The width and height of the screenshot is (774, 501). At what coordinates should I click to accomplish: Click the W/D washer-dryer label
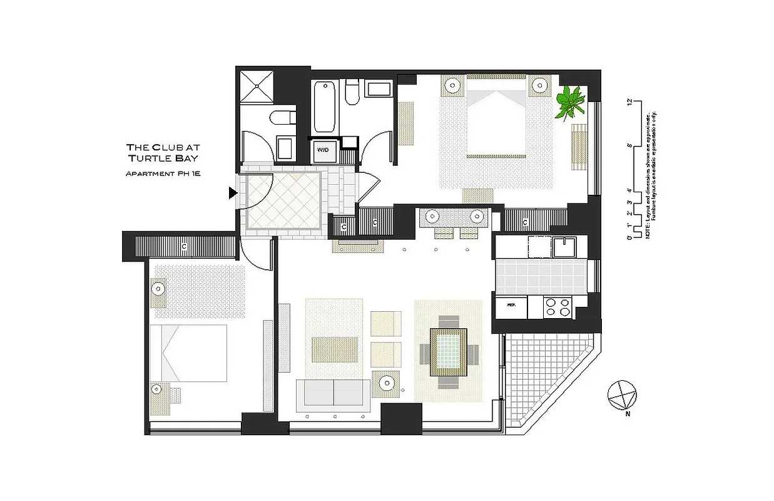pyautogui.click(x=323, y=150)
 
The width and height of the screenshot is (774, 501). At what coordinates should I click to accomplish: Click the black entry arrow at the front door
pyautogui.click(x=233, y=194)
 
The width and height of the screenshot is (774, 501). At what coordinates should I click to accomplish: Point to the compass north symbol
pyautogui.click(x=622, y=395)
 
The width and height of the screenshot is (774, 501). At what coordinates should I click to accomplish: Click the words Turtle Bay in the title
pyautogui.click(x=162, y=158)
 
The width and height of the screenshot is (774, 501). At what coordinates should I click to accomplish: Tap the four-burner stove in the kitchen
pyautogui.click(x=558, y=307)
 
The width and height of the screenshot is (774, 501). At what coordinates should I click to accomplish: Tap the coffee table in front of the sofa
pyautogui.click(x=335, y=348)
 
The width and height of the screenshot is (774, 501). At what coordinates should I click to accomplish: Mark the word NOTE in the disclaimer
pyautogui.click(x=648, y=231)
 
